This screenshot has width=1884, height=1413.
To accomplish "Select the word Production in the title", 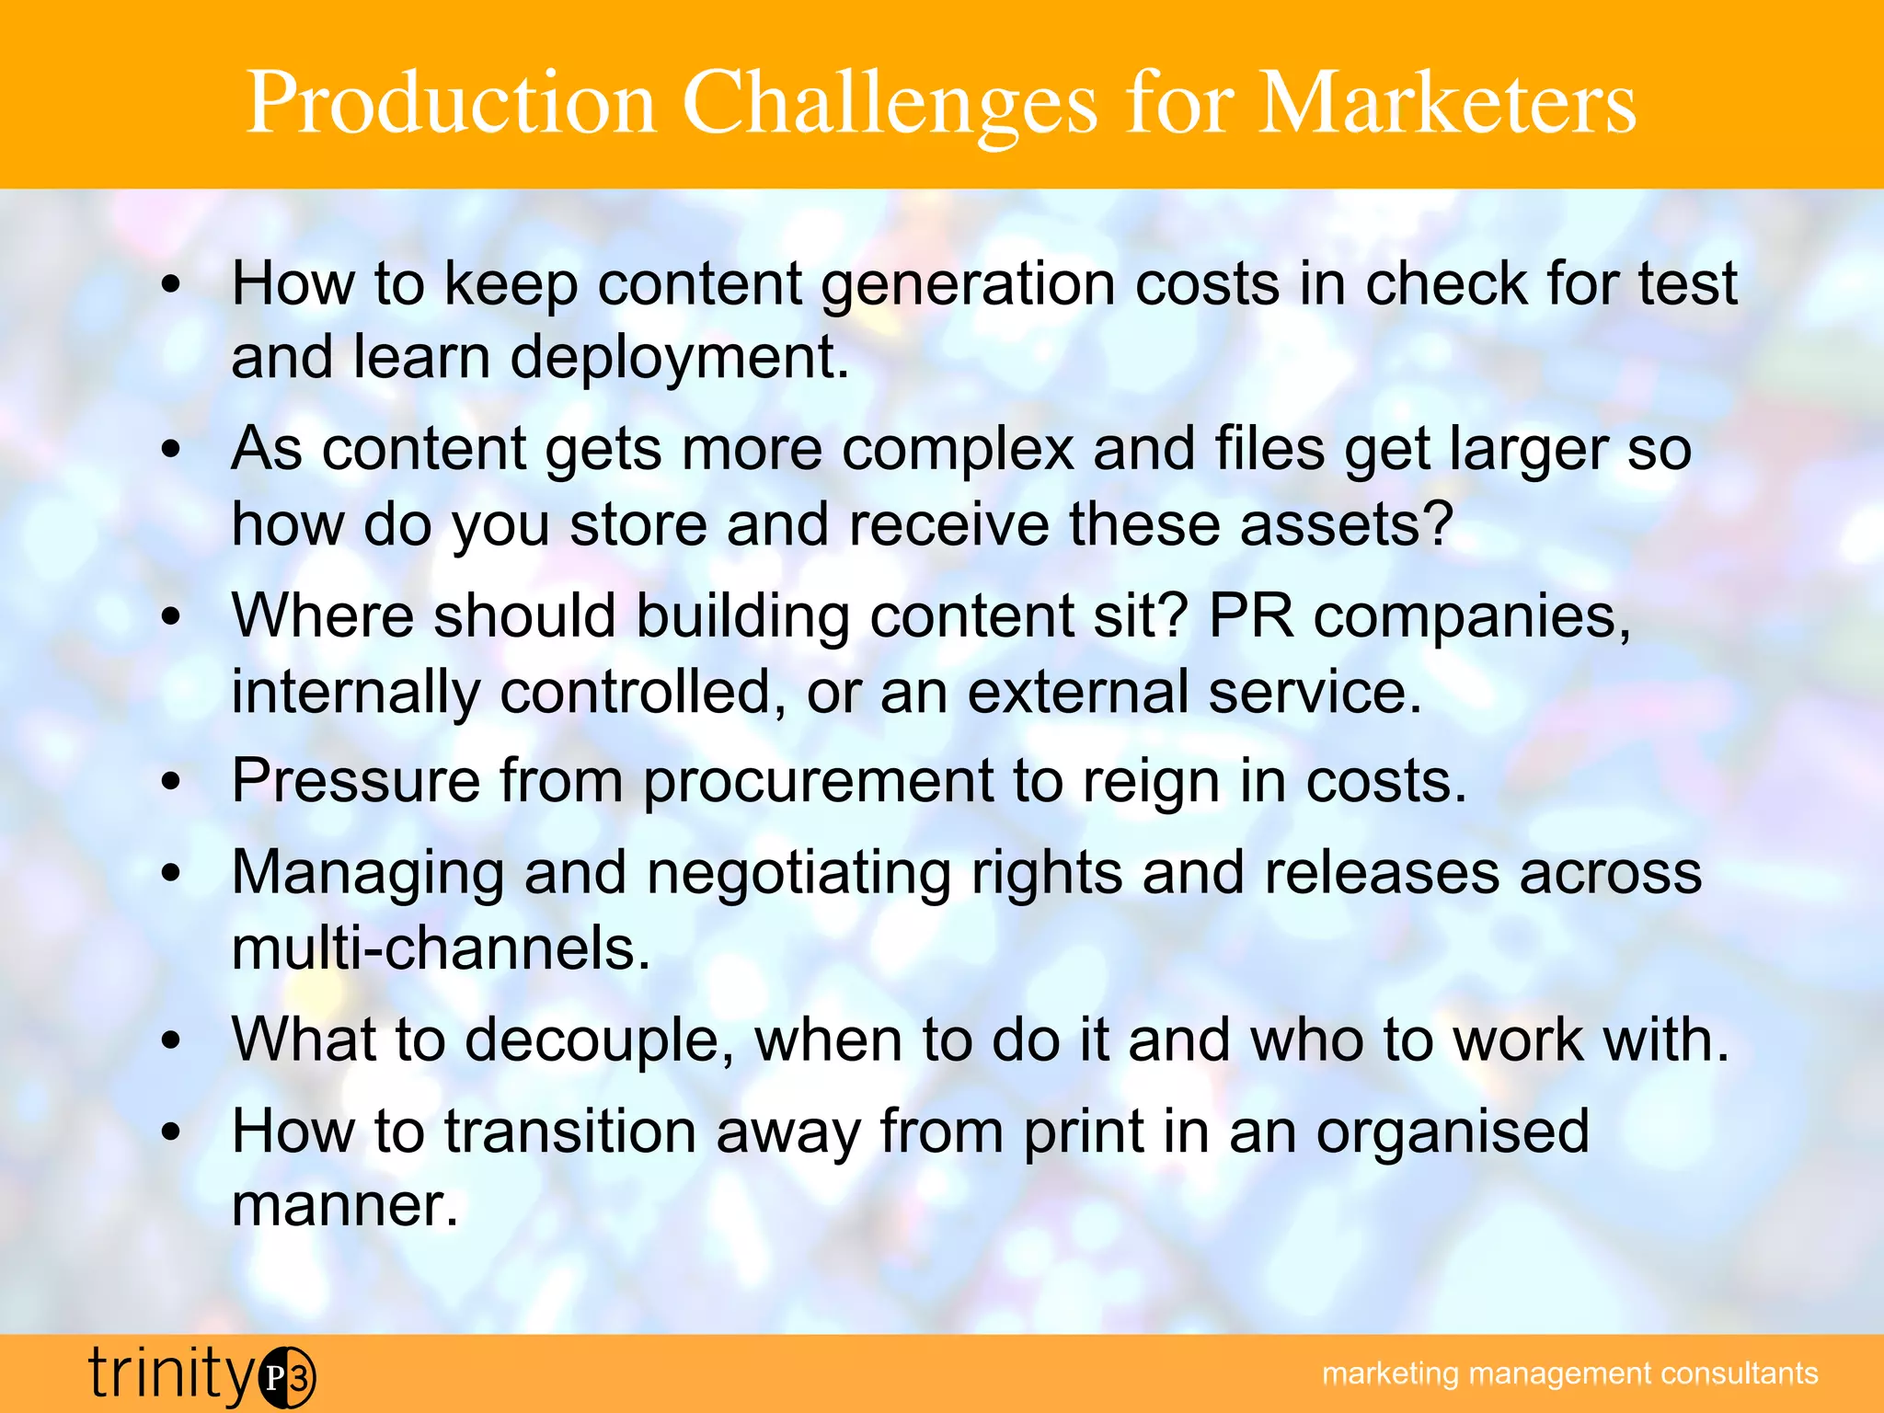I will (451, 103).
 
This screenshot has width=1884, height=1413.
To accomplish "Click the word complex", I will (958, 451).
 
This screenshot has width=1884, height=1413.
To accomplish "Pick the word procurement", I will (818, 783).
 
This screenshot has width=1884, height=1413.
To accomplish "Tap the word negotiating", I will (798, 873).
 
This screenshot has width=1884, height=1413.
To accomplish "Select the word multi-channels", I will (441, 948).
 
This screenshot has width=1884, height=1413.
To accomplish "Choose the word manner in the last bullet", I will (344, 1206).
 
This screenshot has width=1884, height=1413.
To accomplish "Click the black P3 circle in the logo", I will (287, 1377).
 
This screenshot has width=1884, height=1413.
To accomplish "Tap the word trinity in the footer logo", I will (171, 1373).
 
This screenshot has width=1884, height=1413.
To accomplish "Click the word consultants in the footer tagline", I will (1740, 1373).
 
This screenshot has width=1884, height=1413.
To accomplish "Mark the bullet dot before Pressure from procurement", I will (171, 783).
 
